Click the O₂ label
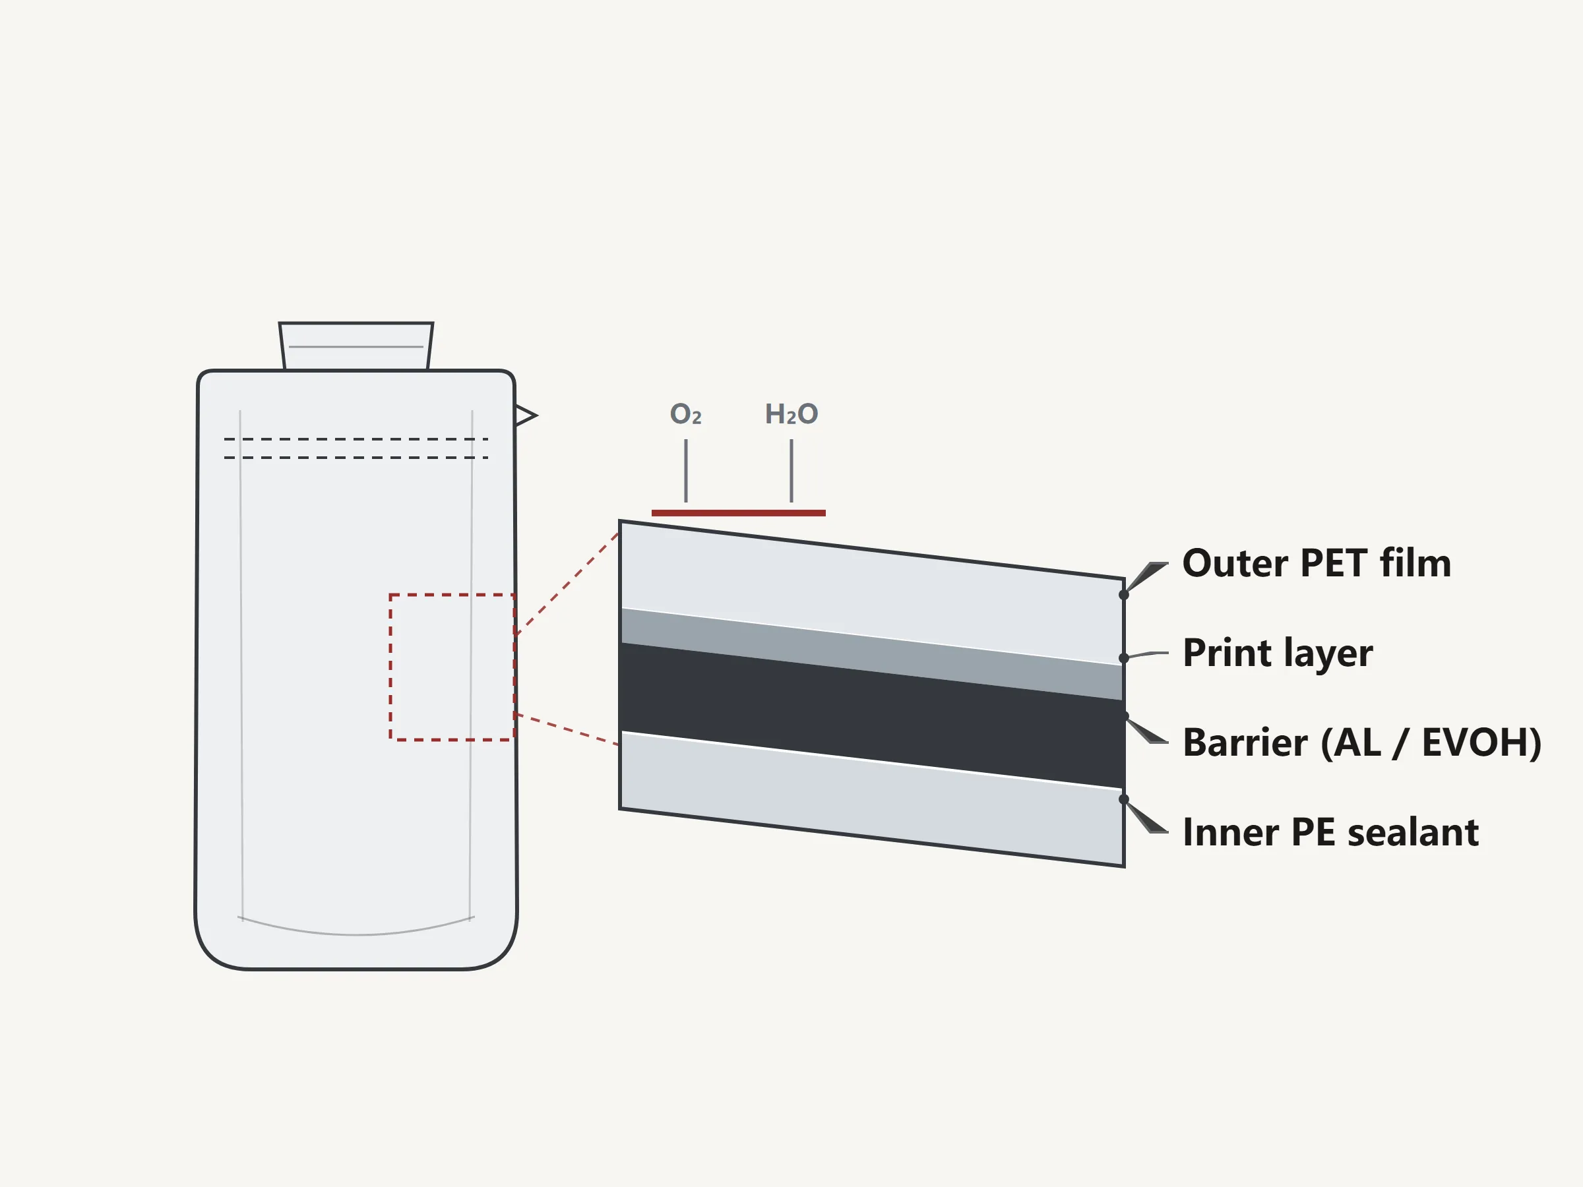point(685,413)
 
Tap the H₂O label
point(791,413)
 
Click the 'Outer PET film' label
point(1317,563)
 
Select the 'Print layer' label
point(1278,654)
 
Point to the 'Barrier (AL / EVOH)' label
point(1363,742)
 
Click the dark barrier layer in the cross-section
point(872,715)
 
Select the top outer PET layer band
point(872,592)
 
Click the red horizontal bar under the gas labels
point(739,513)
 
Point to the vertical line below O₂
point(685,471)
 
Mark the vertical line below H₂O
point(791,471)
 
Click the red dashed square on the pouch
point(390,667)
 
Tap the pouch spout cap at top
point(356,346)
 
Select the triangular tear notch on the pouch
point(524,415)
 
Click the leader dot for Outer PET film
point(1123,595)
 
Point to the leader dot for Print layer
point(1123,658)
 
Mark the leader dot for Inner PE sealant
point(1123,799)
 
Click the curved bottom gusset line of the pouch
point(356,934)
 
